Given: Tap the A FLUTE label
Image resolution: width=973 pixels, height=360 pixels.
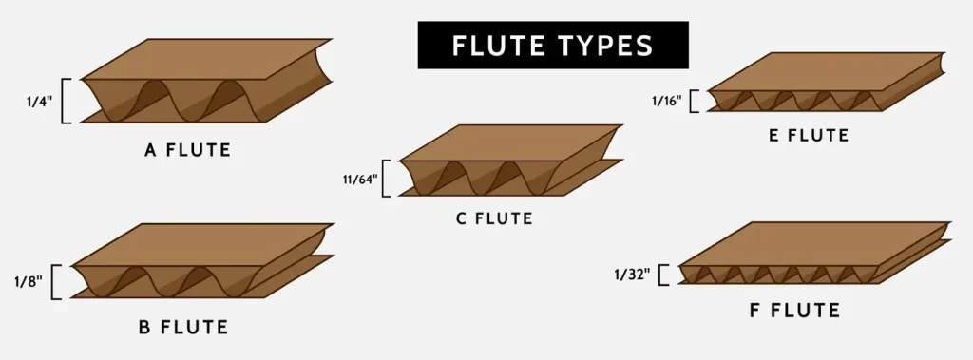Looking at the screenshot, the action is tap(187, 149).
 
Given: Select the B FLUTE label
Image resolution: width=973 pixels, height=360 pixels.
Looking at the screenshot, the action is tap(183, 329).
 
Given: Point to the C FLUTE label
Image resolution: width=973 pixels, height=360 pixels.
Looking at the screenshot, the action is tap(494, 219).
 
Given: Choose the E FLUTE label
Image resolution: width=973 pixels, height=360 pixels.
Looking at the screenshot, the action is tap(808, 136).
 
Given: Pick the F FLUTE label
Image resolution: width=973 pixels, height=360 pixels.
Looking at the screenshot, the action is tap(794, 311).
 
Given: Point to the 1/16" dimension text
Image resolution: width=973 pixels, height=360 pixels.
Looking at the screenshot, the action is tap(666, 100).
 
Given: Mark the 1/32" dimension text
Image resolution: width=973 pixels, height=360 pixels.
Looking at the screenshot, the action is tap(632, 275).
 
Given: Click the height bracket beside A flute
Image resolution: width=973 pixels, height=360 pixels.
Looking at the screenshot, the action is tap(65, 101).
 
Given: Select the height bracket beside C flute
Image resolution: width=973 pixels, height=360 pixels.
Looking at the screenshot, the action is tap(386, 178).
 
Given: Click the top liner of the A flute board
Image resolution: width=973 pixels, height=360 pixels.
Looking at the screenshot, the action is tap(209, 59).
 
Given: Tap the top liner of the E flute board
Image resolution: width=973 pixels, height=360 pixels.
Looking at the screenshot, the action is tap(827, 71).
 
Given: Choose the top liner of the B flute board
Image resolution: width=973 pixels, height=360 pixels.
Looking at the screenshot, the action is tap(204, 244).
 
